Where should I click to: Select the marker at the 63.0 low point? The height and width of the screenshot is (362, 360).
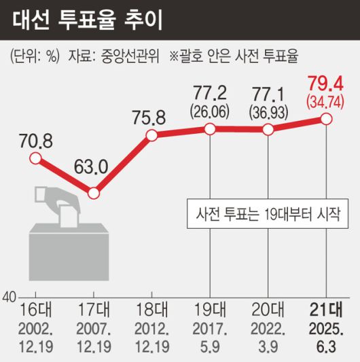tap(93, 194)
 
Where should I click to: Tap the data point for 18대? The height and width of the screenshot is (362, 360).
tap(151, 135)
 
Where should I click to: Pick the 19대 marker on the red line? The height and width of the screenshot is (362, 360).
tap(211, 129)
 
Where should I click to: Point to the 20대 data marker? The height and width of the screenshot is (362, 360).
tap(268, 130)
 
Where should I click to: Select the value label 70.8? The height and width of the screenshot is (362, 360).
tap(35, 141)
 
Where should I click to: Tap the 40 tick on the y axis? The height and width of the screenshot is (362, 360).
tap(9, 297)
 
